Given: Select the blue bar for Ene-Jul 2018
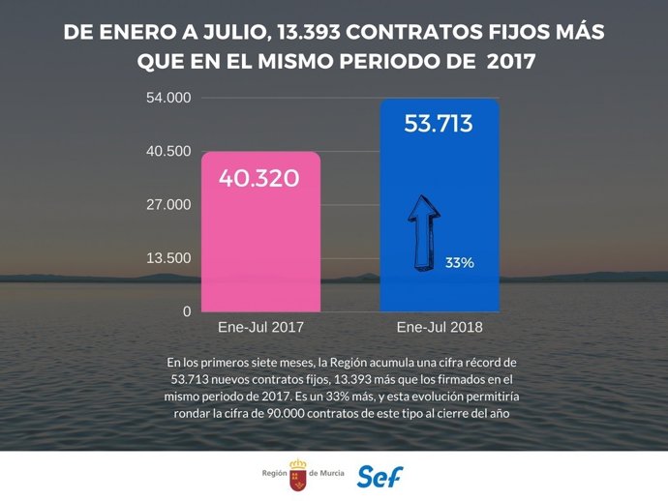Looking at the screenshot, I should coord(439,213).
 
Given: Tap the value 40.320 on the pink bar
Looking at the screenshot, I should coord(258,179).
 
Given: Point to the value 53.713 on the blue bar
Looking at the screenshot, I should coord(439,124).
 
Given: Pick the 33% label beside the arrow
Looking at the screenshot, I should coord(459,262).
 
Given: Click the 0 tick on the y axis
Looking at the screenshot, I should coord(188,311).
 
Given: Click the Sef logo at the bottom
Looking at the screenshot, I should coord(380,476).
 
